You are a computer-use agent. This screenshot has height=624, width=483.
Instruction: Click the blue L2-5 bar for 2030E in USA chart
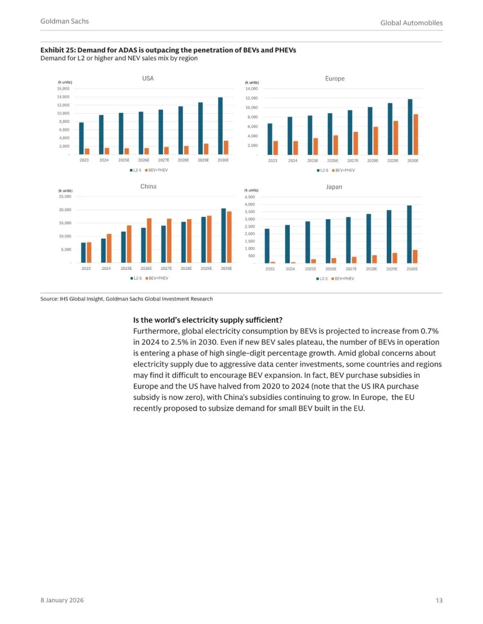(x=220, y=126)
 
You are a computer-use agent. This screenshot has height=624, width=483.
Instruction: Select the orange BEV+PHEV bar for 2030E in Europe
(x=416, y=134)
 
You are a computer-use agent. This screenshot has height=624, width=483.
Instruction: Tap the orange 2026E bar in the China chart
(x=149, y=240)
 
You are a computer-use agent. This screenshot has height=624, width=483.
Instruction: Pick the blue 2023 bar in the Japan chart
(x=267, y=246)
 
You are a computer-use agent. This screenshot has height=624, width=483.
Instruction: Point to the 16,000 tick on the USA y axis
(x=63, y=88)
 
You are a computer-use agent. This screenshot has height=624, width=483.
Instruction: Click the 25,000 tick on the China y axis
(x=65, y=197)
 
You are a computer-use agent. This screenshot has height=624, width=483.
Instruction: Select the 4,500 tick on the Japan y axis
(x=250, y=197)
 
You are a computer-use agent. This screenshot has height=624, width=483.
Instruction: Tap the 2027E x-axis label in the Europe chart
(x=352, y=161)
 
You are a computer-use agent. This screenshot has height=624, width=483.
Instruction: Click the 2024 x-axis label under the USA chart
(x=104, y=160)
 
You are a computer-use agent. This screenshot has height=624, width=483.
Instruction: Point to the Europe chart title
(x=335, y=79)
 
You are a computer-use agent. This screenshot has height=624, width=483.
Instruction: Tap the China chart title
(x=148, y=187)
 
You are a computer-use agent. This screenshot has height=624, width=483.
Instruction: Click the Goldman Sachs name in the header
(x=64, y=21)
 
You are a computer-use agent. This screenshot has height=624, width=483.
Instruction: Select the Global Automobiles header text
(x=411, y=23)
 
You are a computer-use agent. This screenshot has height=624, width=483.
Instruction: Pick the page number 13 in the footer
(x=439, y=600)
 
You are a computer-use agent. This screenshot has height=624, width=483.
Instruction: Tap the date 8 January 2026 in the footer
(x=62, y=600)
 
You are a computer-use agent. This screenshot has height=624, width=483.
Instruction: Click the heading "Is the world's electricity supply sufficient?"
(x=208, y=320)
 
